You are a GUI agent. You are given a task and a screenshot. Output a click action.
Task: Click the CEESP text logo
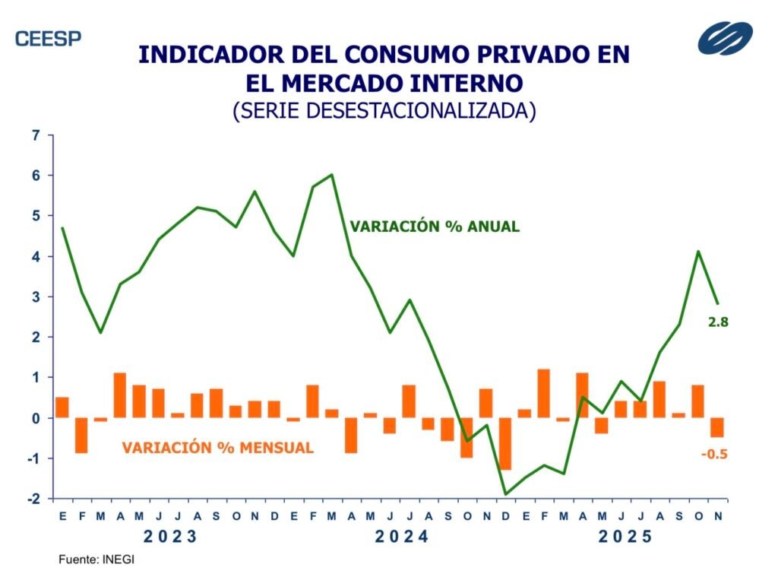tap(48, 38)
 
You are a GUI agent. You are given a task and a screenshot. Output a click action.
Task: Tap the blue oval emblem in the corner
tap(725, 38)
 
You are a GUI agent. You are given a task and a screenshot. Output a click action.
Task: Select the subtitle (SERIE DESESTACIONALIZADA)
tap(384, 109)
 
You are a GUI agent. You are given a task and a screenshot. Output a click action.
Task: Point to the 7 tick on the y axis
tap(35, 135)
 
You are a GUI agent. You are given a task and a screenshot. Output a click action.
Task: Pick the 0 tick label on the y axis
tap(35, 418)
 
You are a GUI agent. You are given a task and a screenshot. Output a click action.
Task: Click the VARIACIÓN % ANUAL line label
tap(435, 227)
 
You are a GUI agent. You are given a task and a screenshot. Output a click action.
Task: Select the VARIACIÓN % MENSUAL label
tap(217, 448)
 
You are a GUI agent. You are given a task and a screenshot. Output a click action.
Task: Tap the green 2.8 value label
tap(718, 323)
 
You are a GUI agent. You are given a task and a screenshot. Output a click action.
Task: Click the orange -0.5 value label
tap(715, 454)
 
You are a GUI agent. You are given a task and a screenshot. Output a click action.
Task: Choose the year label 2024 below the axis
tap(402, 537)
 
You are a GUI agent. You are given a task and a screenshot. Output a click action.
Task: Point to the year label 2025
tap(625, 537)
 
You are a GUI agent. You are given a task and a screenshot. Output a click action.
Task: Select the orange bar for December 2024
tap(505, 443)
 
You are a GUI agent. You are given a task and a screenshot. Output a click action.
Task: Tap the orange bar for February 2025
tap(543, 393)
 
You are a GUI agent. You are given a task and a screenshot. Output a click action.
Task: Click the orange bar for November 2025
tap(717, 427)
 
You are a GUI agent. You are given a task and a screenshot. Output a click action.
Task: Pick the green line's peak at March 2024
tap(331, 175)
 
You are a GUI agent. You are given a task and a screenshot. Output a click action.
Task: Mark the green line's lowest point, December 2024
tap(505, 494)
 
